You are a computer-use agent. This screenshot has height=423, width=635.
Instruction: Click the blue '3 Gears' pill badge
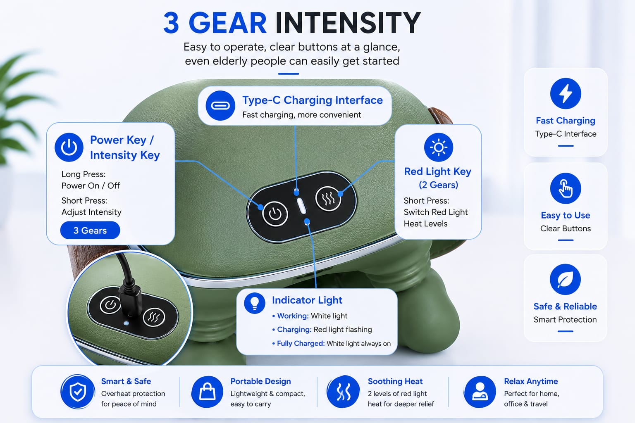pyautogui.click(x=90, y=231)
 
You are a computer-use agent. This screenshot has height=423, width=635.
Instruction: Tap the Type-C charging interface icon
pyautogui.click(x=220, y=106)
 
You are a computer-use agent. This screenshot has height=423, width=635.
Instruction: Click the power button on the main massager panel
pyautogui.click(x=275, y=214)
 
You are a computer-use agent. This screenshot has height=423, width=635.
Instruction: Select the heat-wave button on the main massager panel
pyautogui.click(x=328, y=199)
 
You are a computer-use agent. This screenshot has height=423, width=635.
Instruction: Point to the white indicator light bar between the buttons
pyautogui.click(x=301, y=206)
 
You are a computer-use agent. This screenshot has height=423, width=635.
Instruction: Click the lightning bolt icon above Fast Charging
pyautogui.click(x=566, y=93)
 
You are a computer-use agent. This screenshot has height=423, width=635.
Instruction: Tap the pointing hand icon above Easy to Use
pyautogui.click(x=566, y=188)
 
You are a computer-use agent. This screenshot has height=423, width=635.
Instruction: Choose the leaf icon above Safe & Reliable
pyautogui.click(x=565, y=279)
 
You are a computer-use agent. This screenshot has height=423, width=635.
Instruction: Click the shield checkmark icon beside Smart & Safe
pyautogui.click(x=78, y=392)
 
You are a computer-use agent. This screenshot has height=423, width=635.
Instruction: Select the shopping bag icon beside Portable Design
pyautogui.click(x=207, y=392)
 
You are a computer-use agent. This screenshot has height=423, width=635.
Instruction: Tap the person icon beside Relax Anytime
pyautogui.click(x=480, y=392)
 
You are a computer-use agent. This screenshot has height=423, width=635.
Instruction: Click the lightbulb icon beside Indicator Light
pyautogui.click(x=255, y=303)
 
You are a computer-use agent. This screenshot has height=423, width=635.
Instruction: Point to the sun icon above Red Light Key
pyautogui.click(x=439, y=147)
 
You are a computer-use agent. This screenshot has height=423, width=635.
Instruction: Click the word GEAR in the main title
pyautogui.click(x=227, y=23)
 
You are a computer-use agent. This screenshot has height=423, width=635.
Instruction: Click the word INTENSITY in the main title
pyautogui.click(x=348, y=23)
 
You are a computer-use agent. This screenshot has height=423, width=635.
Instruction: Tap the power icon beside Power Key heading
pyautogui.click(x=69, y=147)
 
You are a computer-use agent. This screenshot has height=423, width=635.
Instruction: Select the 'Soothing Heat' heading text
pyautogui.click(x=395, y=381)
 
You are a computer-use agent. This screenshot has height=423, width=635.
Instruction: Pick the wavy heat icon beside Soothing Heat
pyautogui.click(x=343, y=392)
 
